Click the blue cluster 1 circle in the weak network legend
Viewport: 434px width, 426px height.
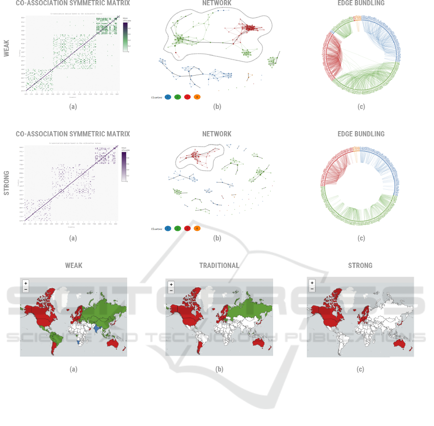coord(168,97)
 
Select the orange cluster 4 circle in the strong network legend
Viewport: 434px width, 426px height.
coord(197,228)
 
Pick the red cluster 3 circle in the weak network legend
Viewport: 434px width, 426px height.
coord(187,97)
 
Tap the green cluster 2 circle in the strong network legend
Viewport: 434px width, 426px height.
coord(177,228)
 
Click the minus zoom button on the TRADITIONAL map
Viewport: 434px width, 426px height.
coord(171,291)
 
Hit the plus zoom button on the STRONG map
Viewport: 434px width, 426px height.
coord(312,283)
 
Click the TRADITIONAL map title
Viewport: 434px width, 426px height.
coord(219,266)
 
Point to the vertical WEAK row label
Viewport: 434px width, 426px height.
coord(7,49)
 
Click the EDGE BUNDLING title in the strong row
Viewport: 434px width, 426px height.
coord(361,134)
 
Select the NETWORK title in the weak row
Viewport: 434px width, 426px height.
coord(217,3)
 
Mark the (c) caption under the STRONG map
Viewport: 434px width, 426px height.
coord(360,370)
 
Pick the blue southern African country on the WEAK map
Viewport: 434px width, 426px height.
coord(79,343)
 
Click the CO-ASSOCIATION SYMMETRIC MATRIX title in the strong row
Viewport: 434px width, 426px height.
coord(73,134)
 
